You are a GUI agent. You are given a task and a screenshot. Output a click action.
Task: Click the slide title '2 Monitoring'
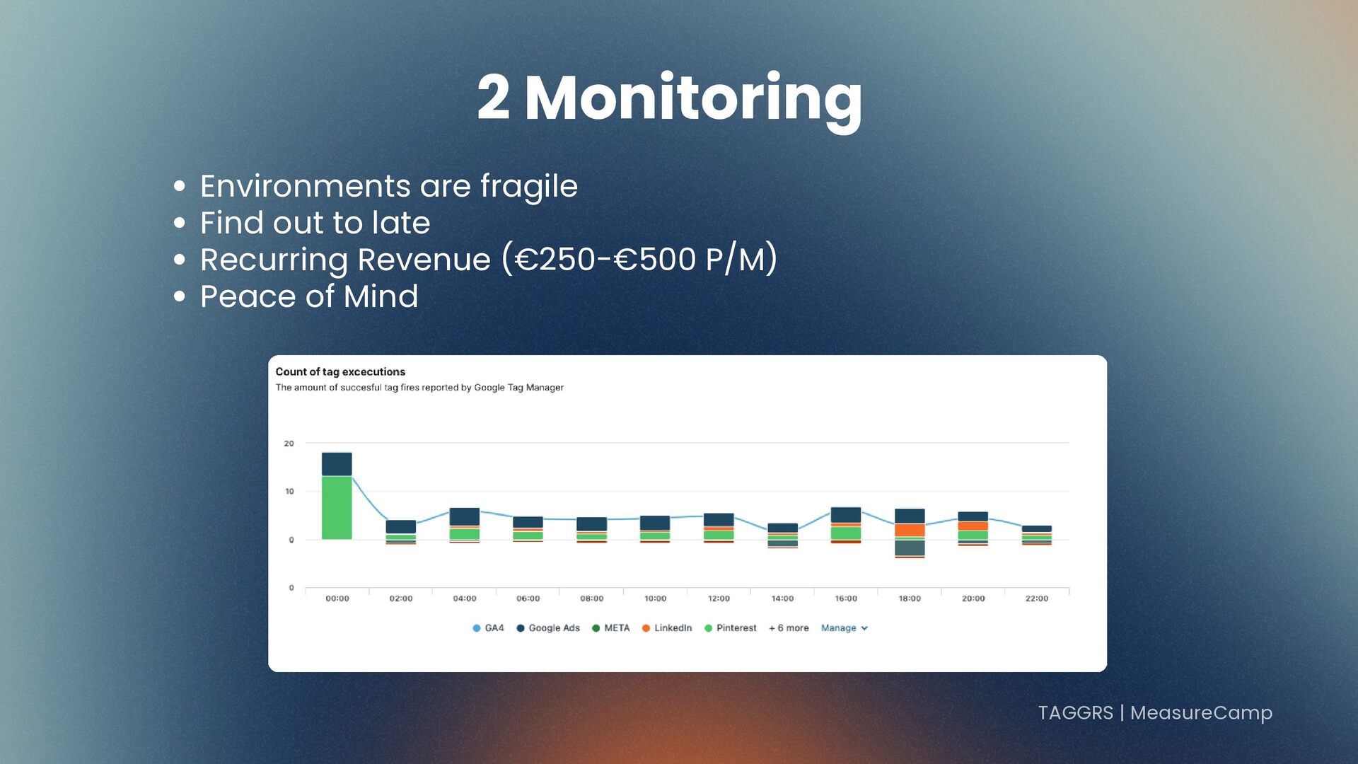click(669, 98)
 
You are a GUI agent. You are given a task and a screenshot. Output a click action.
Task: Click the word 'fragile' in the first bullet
click(529, 187)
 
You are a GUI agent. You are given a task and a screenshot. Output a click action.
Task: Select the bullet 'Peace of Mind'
click(309, 296)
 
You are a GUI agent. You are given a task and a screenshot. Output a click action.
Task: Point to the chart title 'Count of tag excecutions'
click(340, 371)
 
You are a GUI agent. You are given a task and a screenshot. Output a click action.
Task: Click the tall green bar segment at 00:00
click(337, 507)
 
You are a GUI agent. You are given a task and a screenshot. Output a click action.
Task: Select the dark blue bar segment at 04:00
click(465, 516)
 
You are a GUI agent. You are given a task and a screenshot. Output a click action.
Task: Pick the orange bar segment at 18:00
click(910, 530)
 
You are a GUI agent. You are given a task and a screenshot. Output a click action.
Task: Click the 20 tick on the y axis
click(289, 444)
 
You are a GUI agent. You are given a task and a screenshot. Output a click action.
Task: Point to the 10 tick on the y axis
click(289, 491)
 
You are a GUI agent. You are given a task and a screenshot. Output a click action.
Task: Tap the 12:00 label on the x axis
click(719, 598)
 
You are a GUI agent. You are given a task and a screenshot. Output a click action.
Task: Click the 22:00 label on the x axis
click(1037, 598)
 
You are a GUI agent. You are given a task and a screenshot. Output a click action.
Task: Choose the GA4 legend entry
click(488, 628)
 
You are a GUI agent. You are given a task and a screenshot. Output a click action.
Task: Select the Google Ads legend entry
click(548, 628)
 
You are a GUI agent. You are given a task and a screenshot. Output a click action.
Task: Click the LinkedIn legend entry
click(666, 628)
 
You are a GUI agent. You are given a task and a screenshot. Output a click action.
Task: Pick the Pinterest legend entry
click(731, 628)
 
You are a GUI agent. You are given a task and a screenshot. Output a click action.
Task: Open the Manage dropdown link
click(845, 628)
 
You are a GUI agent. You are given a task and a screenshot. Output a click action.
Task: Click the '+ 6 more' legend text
click(789, 628)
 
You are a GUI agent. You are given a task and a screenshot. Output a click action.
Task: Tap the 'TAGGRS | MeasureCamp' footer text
click(1155, 713)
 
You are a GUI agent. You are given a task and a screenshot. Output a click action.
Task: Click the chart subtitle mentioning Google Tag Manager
click(419, 388)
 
